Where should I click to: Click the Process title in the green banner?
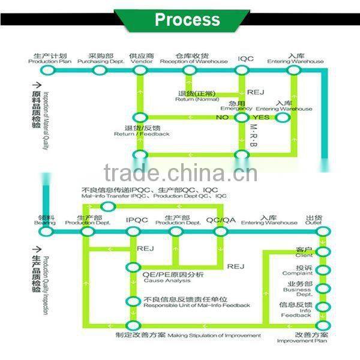pyautogui.click(x=187, y=20)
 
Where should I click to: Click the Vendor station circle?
pyautogui.click(x=140, y=71)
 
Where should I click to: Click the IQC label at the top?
pyautogui.click(x=245, y=59)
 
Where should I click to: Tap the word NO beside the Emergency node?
pyautogui.click(x=223, y=117)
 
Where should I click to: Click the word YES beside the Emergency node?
pyautogui.click(x=261, y=117)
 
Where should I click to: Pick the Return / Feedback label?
pyautogui.click(x=142, y=131)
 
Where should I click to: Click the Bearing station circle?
pyautogui.click(x=47, y=230)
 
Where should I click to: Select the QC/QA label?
pyautogui.click(x=221, y=220)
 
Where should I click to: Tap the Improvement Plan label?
pyautogui.click(x=311, y=337)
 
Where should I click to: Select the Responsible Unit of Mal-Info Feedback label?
pyautogui.click(x=197, y=302)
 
